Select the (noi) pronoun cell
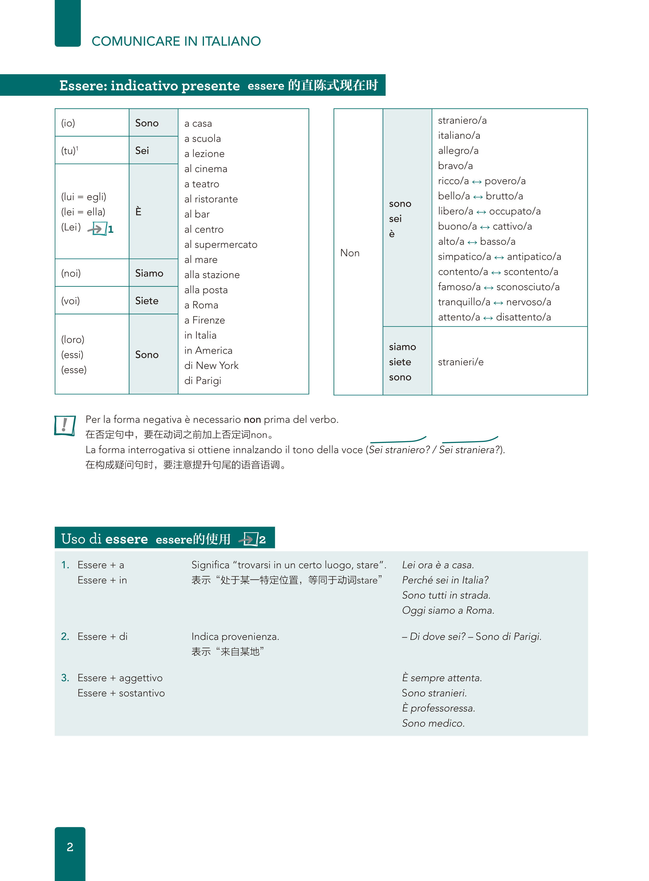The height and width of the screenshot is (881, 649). (x=71, y=273)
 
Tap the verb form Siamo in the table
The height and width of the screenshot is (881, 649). (x=149, y=273)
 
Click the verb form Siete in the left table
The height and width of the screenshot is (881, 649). (x=147, y=301)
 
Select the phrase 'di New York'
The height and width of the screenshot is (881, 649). (x=211, y=365)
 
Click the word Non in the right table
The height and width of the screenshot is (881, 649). (x=350, y=253)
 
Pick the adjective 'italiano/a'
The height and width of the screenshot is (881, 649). (x=459, y=135)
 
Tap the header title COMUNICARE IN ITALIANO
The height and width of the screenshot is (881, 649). (x=176, y=41)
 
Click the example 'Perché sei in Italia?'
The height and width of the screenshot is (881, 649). (x=445, y=580)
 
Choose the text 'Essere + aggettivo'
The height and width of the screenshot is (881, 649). (x=120, y=678)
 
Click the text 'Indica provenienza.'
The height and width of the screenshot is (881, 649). (x=235, y=637)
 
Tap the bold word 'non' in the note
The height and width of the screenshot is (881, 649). (x=252, y=420)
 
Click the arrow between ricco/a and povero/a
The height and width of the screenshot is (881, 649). (x=476, y=181)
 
